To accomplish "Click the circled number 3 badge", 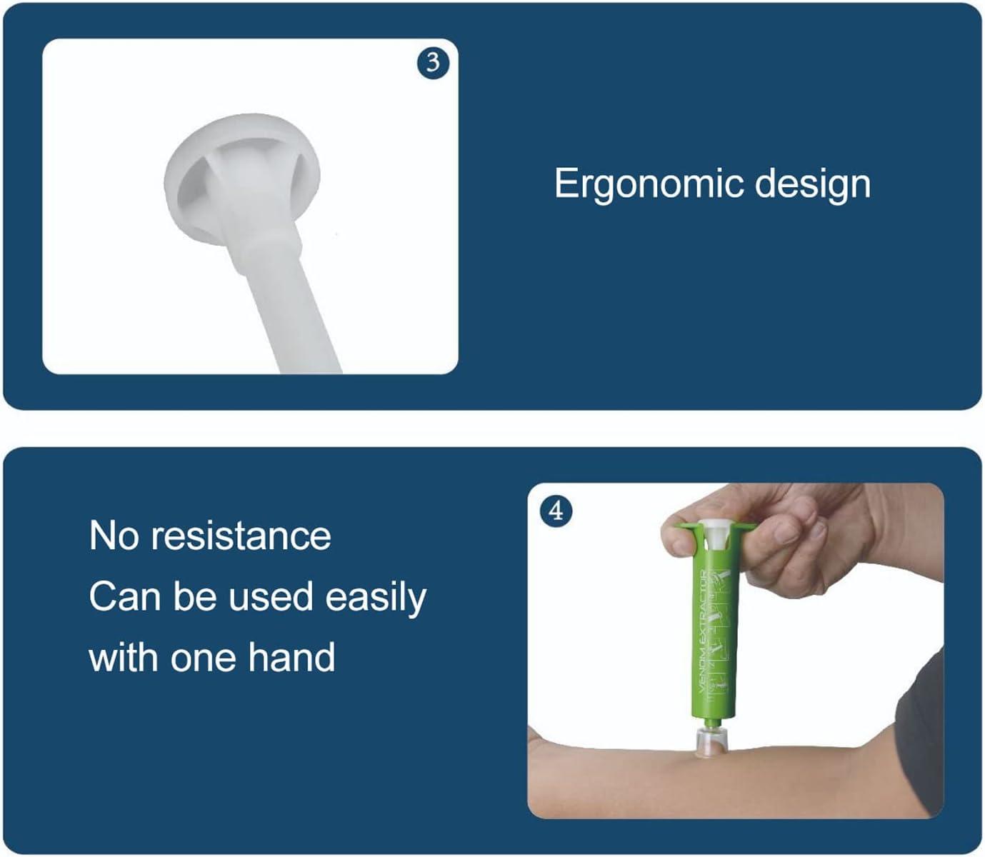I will (x=433, y=63).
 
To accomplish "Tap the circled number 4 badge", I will (x=556, y=511).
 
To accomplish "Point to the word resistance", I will (x=241, y=536).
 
